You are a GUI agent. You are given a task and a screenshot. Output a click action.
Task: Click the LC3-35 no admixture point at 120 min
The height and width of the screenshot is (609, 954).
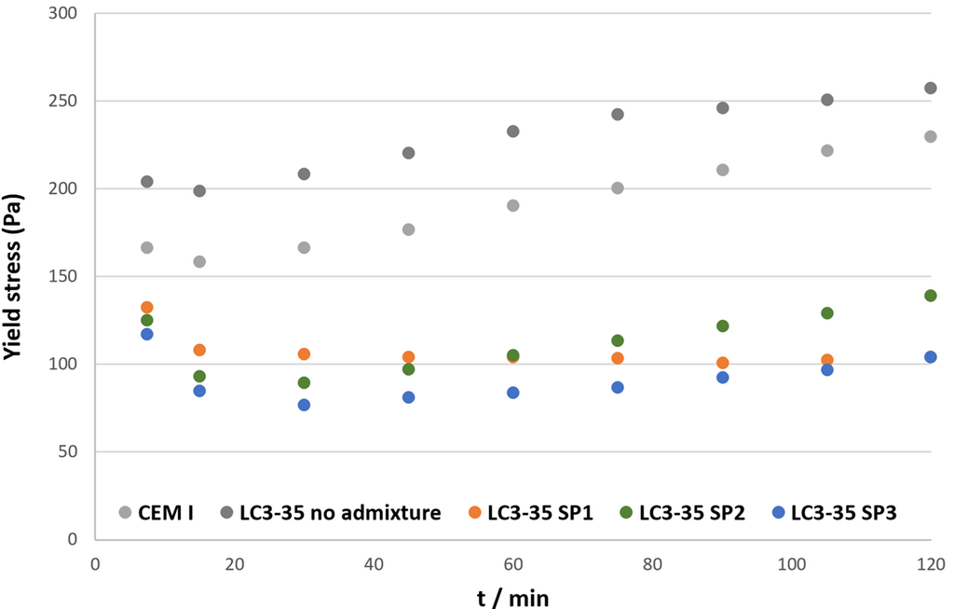point(930,89)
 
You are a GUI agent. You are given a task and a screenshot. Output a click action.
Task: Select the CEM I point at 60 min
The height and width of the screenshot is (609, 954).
point(512,205)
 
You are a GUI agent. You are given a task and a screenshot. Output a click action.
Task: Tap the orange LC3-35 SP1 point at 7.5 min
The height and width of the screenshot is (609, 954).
point(146,308)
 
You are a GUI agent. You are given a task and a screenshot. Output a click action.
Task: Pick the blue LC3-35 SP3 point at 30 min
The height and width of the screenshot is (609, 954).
point(304,405)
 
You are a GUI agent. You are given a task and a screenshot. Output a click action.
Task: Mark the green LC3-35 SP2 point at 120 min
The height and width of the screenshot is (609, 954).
point(930,296)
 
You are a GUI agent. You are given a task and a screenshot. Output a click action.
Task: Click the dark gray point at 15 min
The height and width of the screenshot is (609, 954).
point(199,191)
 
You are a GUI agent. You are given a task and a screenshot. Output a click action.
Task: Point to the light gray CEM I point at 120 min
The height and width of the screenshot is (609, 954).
point(930,136)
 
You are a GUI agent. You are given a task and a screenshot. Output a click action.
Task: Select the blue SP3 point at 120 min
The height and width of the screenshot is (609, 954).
point(930,357)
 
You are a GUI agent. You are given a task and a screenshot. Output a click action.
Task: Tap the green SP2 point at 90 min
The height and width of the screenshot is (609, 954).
point(722,326)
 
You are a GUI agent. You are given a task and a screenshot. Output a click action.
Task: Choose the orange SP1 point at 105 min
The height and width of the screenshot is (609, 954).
point(826,360)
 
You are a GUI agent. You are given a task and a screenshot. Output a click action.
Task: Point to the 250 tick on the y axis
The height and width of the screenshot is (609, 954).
point(63,102)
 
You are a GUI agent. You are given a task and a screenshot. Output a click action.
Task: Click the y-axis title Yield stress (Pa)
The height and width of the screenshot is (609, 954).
point(16,276)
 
